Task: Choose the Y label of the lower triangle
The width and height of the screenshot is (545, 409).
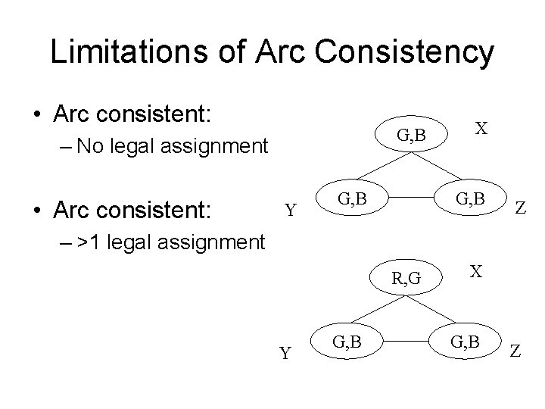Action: [x=284, y=354]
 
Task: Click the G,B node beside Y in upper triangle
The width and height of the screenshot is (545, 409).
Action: [x=353, y=200]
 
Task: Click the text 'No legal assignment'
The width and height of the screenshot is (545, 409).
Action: [x=173, y=145]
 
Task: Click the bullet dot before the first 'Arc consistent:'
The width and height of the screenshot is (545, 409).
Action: [x=37, y=115]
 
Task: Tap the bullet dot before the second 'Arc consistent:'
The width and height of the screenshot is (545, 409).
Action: [x=37, y=207]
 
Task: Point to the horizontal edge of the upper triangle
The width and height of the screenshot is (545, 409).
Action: [x=413, y=201]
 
